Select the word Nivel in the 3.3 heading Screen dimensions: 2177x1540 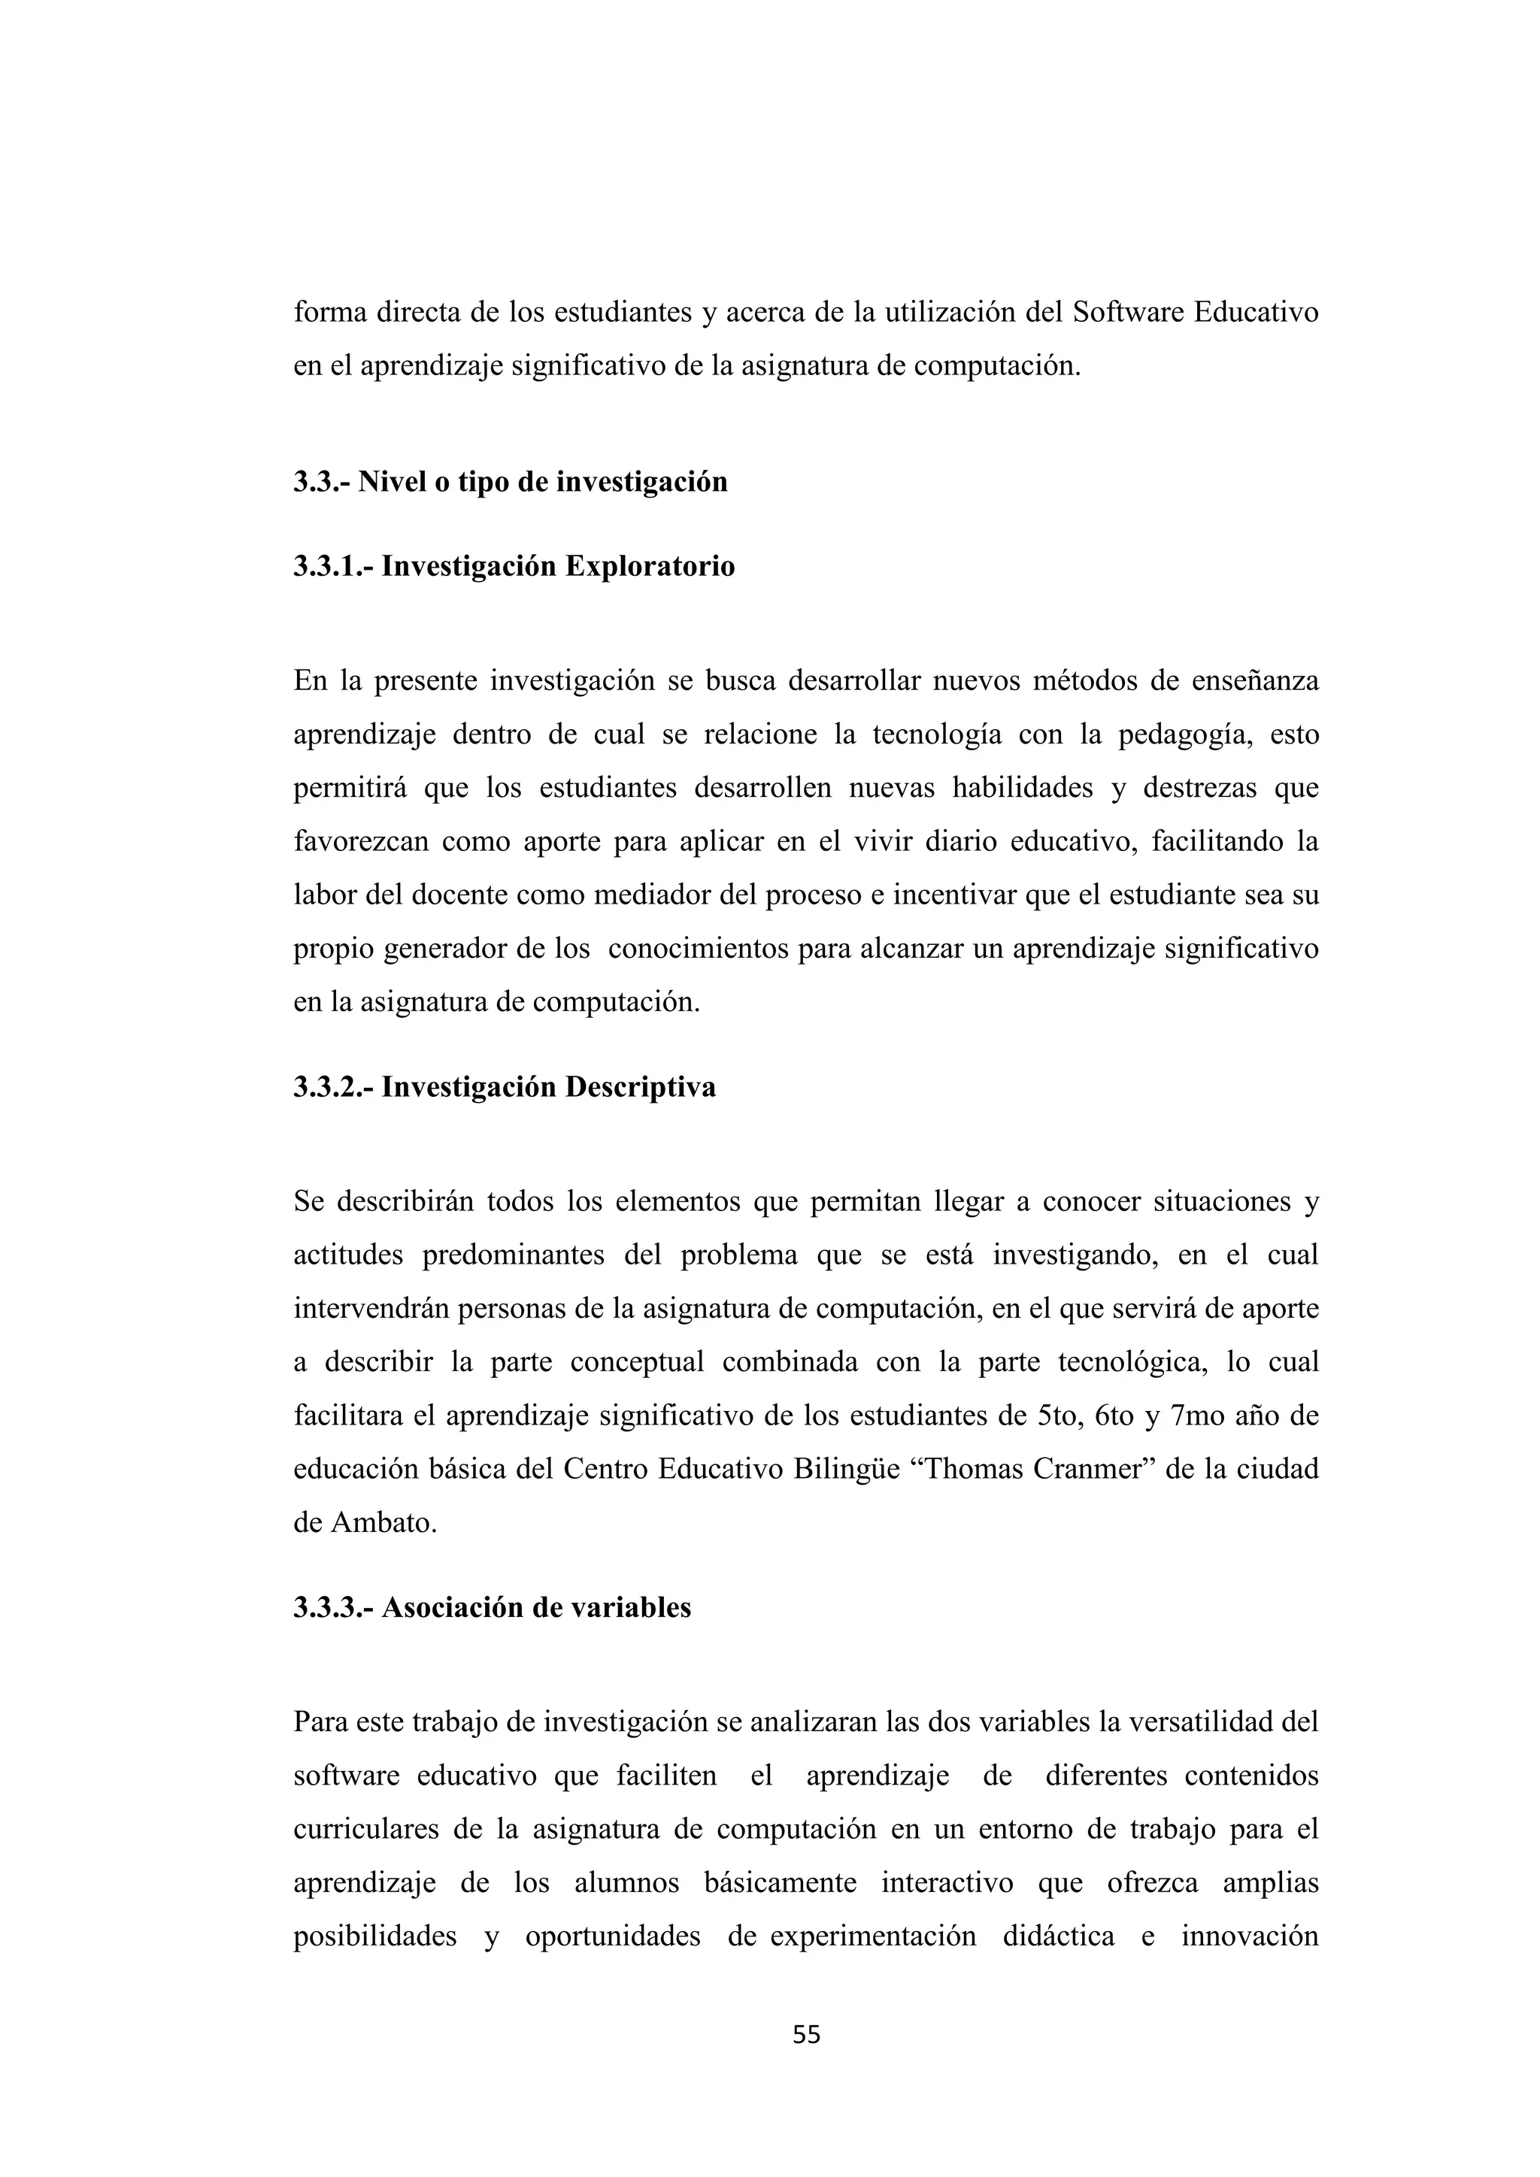pos(389,482)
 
